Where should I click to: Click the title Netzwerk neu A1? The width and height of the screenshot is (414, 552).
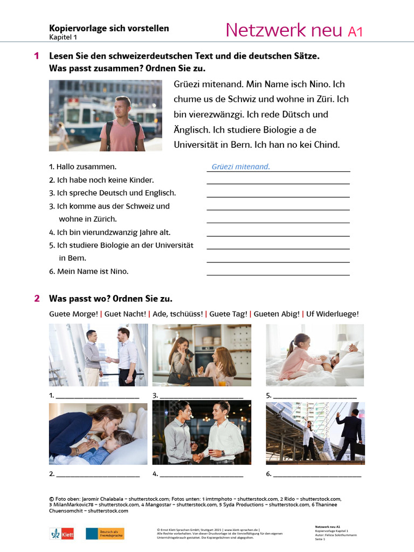coord(294,30)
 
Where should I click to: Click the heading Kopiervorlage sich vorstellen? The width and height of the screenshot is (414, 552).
coord(109,28)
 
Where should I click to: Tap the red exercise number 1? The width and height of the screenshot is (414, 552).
coord(37,56)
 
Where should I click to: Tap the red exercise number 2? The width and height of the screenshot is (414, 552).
coord(37,298)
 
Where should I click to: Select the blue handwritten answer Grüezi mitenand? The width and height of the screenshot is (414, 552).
coord(240,167)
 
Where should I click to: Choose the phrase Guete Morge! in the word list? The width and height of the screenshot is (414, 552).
coord(73,314)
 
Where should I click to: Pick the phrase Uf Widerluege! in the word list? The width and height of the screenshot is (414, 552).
coord(332,314)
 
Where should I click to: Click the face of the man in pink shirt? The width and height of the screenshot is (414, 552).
coord(122,108)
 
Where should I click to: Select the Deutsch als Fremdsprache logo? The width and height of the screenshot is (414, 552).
coord(105,534)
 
